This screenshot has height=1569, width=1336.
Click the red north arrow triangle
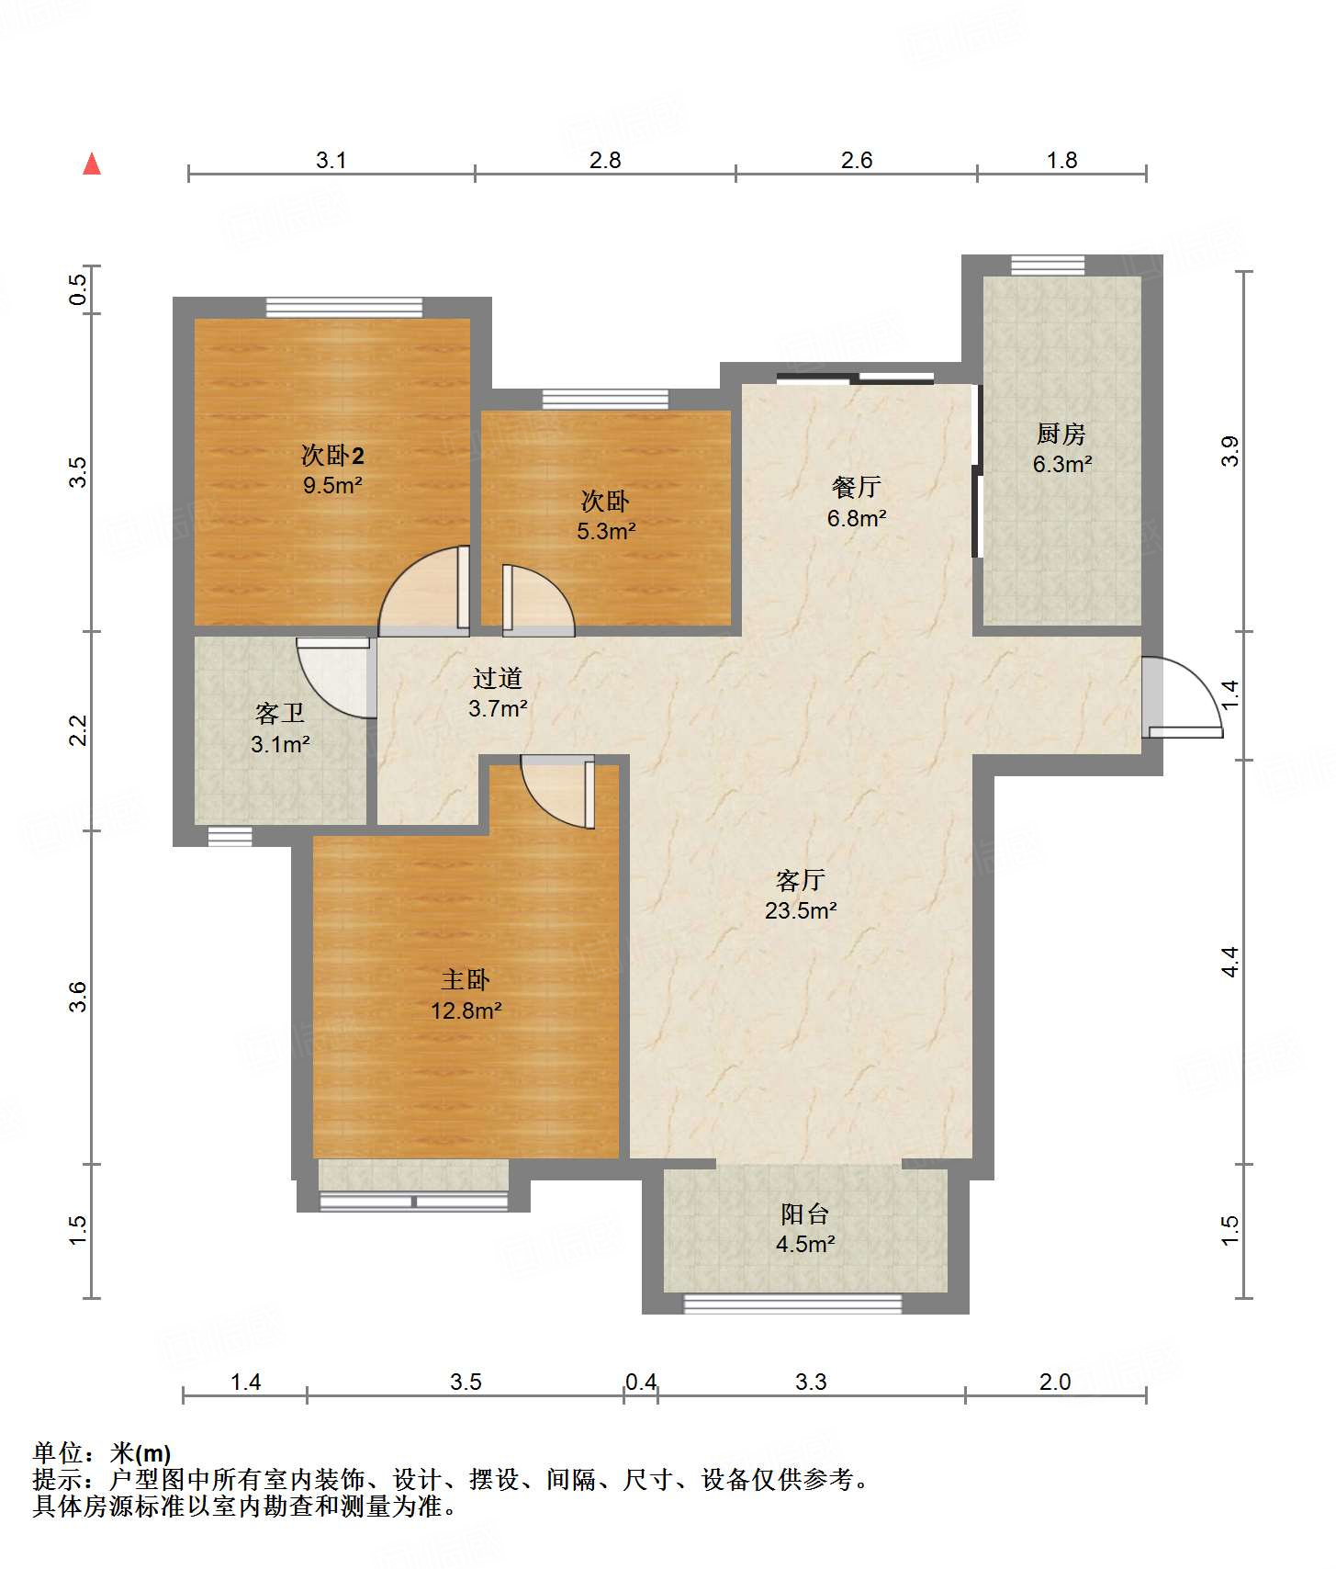pyautogui.click(x=92, y=164)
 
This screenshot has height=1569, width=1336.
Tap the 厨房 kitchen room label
pyautogui.click(x=1061, y=433)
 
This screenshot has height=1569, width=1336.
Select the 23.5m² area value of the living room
pyautogui.click(x=801, y=910)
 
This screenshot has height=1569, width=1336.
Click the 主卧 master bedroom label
pyautogui.click(x=466, y=980)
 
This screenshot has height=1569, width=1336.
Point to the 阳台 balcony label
pyautogui.click(x=805, y=1213)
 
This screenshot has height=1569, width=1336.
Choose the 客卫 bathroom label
pyautogui.click(x=280, y=713)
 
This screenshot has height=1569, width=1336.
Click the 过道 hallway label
pyautogui.click(x=498, y=678)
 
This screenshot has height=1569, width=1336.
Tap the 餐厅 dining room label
pyautogui.click(x=857, y=487)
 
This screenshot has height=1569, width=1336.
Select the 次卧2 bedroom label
pyautogui.click(x=332, y=455)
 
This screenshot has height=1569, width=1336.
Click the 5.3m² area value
pyautogui.click(x=607, y=531)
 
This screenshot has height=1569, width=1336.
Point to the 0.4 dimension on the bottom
pyautogui.click(x=641, y=1382)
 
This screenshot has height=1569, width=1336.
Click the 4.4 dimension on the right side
pyautogui.click(x=1230, y=962)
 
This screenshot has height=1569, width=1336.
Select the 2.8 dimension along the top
pyautogui.click(x=605, y=160)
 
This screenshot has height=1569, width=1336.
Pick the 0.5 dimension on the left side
pyautogui.click(x=79, y=290)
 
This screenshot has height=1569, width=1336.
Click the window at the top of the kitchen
pyautogui.click(x=1048, y=265)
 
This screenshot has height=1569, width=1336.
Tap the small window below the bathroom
pyautogui.click(x=230, y=837)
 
